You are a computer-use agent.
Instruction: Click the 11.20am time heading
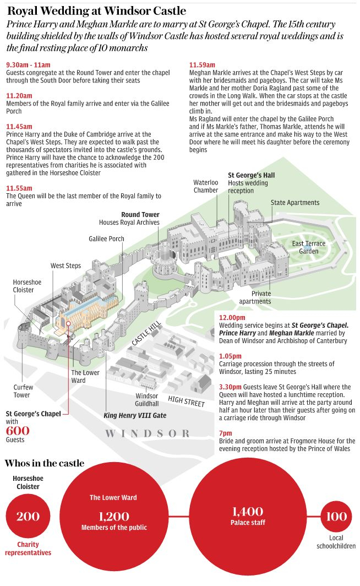18,95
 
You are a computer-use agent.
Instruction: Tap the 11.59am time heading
201,64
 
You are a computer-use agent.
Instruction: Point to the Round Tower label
140,215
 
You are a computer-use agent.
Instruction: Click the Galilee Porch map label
106,239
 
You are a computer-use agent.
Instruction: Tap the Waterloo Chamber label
205,186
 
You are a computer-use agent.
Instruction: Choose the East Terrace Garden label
309,247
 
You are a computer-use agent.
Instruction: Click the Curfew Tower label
23,391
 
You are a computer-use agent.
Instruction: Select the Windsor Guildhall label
147,400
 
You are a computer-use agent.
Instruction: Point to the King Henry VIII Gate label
135,415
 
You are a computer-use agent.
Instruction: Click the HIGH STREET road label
186,401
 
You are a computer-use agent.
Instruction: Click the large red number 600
18,431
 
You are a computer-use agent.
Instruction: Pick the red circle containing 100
336,517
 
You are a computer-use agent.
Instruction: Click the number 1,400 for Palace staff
247,512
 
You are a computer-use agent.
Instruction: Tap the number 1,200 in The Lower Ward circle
114,516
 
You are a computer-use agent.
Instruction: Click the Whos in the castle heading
45,463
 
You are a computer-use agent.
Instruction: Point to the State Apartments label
294,203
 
